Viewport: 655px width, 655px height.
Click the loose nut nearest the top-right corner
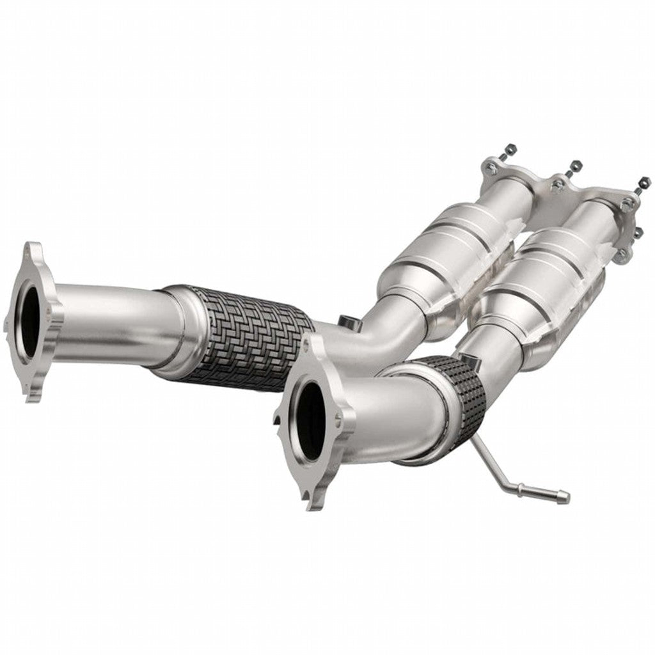pyautogui.click(x=642, y=182)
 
